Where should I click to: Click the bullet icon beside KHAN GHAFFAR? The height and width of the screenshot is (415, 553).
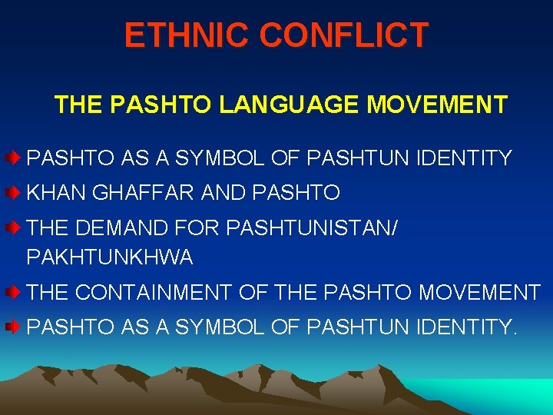pos(14,192)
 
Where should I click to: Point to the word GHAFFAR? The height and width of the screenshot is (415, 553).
pos(144,193)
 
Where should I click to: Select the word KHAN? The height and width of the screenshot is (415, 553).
pos(57,193)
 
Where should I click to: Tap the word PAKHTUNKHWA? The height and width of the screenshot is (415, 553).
pos(110,257)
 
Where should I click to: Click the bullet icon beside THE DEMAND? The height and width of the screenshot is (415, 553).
pos(14,227)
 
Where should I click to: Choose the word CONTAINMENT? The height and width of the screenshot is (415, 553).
pos(155,293)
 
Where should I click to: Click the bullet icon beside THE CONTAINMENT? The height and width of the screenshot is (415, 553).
pos(14,292)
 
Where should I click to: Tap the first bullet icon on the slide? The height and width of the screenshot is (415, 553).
pos(14,158)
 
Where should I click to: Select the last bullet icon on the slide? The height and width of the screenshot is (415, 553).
pos(14,327)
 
